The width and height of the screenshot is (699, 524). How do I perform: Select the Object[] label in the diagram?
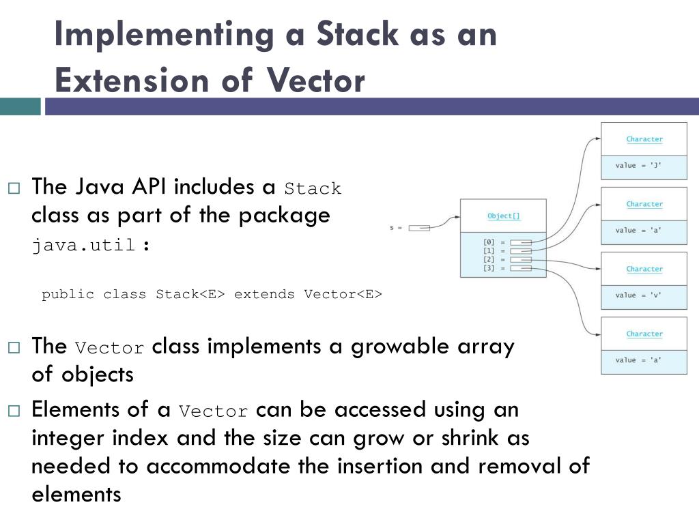(x=504, y=216)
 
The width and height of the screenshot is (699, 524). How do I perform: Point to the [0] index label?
(x=489, y=242)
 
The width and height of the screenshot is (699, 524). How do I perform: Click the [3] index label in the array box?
(x=489, y=268)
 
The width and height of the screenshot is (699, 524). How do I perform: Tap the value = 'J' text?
(x=638, y=166)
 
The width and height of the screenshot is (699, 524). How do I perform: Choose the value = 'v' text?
(x=638, y=295)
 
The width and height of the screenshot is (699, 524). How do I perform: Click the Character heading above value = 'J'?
(x=644, y=139)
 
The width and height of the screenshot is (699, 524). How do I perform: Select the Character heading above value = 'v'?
(x=644, y=269)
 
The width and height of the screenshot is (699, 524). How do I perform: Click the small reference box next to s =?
(x=419, y=228)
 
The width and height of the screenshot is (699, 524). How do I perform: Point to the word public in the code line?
(x=68, y=294)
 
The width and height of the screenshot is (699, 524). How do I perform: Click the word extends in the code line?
(x=265, y=294)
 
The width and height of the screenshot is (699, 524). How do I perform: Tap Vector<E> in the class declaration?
(x=343, y=294)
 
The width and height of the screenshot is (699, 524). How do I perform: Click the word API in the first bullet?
(x=148, y=186)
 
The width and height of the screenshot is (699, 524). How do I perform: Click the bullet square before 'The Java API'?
(x=14, y=188)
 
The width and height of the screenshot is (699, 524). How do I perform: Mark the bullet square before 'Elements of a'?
(x=14, y=411)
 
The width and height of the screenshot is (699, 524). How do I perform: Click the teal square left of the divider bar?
(x=20, y=106)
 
